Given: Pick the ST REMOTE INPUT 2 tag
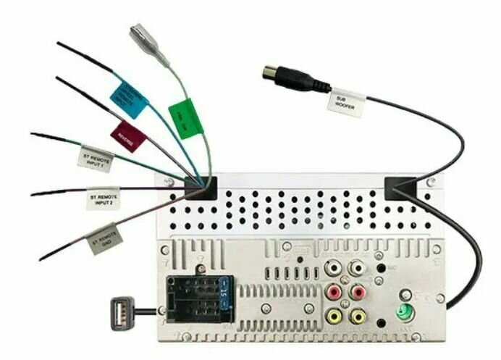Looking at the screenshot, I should coord(104,198).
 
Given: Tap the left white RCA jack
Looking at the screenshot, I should coord(334,268).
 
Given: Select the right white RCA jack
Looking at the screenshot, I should coord(357,268).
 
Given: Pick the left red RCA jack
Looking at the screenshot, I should coord(334,293).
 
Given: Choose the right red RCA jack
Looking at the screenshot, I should coord(357,293).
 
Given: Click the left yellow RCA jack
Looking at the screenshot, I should coord(334,316).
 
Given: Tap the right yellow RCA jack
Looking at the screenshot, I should coord(357,316).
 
